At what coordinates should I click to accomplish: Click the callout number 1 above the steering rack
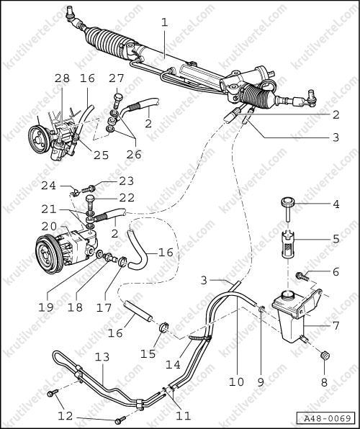[x=164, y=23]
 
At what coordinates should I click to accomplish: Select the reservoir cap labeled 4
[x=287, y=209]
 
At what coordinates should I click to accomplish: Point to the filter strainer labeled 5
[x=287, y=243]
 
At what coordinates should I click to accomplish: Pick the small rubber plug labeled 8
[x=325, y=356]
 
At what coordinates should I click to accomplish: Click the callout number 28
[x=62, y=78]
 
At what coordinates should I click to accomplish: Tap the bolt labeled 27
[x=117, y=101]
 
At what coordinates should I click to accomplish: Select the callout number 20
[x=49, y=226]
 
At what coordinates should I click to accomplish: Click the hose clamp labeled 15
[x=163, y=327]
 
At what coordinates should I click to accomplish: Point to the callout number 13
[x=102, y=357]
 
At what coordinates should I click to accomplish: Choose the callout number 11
[x=183, y=416]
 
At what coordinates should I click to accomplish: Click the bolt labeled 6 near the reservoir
[x=302, y=276]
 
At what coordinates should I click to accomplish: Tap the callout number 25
[x=101, y=155]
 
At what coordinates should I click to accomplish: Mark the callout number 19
[x=45, y=307]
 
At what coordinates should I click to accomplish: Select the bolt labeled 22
[x=91, y=203]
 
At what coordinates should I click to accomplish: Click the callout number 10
[x=236, y=381]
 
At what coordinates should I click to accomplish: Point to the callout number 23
[x=127, y=181]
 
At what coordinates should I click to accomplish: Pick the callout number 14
[x=173, y=364]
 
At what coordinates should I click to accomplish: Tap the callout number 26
[x=134, y=154]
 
